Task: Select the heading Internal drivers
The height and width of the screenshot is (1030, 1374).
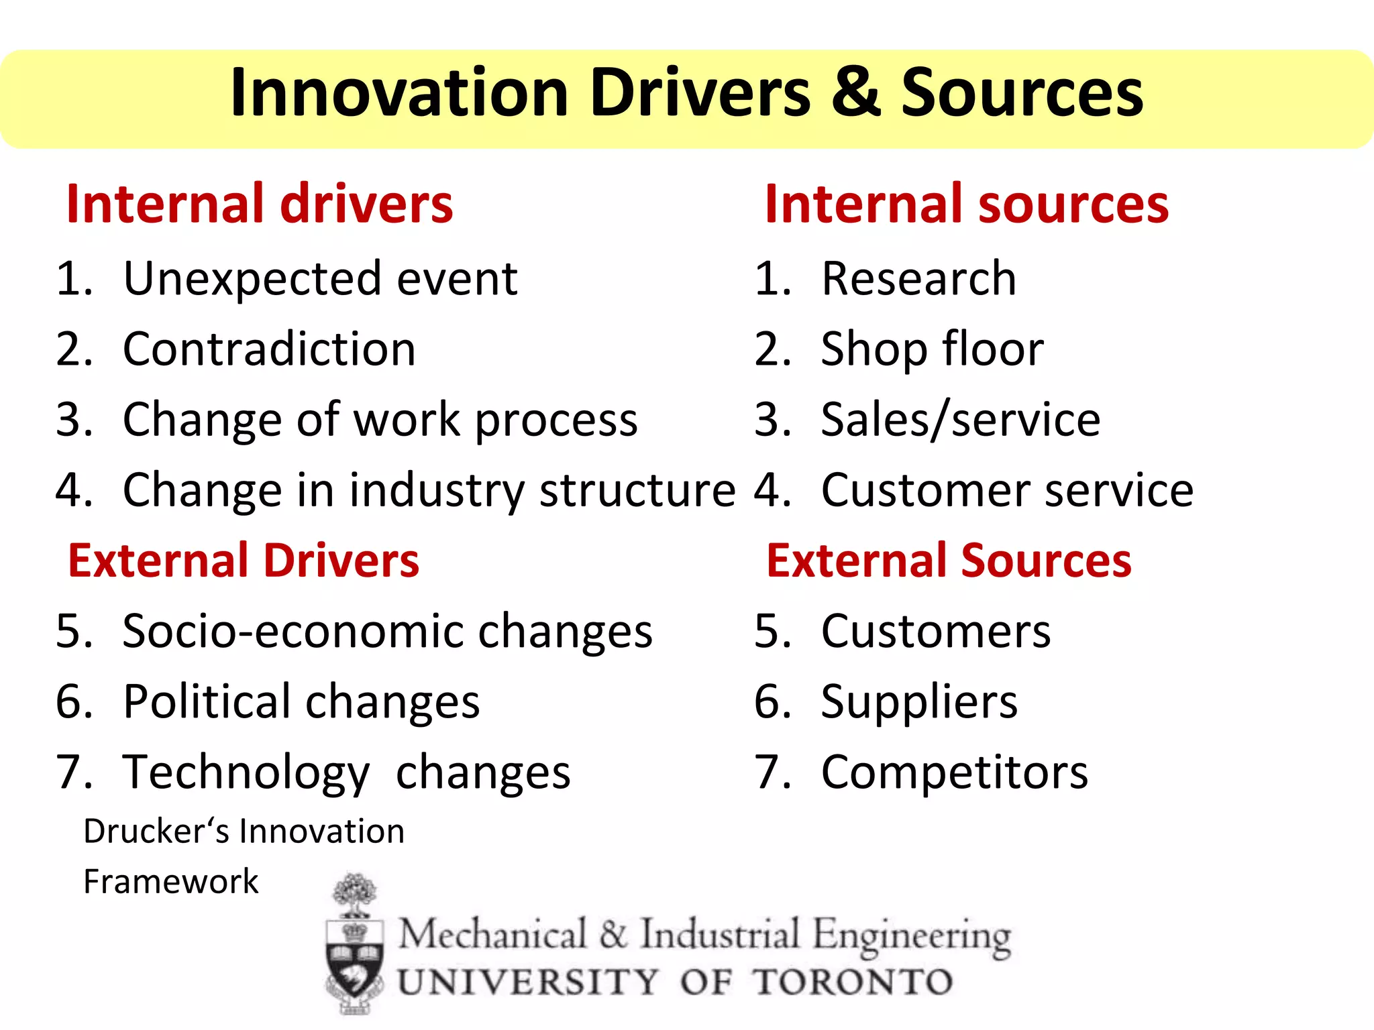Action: (x=260, y=204)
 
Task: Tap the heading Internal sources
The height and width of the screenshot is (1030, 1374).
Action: (x=966, y=204)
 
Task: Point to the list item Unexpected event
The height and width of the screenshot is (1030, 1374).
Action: (x=320, y=278)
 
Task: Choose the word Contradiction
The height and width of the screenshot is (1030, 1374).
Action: (x=269, y=349)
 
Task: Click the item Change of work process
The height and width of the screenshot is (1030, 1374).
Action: (x=380, y=420)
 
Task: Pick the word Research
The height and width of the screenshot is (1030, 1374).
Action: (x=918, y=278)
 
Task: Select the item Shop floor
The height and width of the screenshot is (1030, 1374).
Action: (x=932, y=349)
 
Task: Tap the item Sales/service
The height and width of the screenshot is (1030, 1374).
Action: (x=960, y=420)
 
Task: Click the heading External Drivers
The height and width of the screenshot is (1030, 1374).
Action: (x=244, y=561)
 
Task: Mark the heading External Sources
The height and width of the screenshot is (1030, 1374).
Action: (x=949, y=561)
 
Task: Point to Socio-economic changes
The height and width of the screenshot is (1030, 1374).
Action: (x=387, y=631)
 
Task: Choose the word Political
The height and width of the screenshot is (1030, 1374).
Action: (x=207, y=701)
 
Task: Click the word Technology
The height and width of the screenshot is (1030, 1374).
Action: (x=246, y=772)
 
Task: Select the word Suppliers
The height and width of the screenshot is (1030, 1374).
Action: (x=919, y=701)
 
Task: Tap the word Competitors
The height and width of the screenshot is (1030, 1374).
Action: (x=954, y=772)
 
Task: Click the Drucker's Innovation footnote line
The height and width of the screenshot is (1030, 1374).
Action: (x=244, y=832)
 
